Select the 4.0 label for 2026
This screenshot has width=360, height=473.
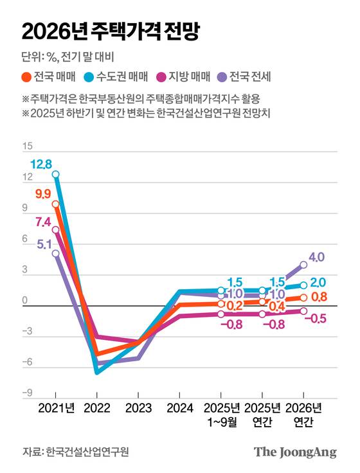[316, 257]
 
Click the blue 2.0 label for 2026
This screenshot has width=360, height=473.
[318, 282]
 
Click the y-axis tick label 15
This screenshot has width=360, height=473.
[27, 147]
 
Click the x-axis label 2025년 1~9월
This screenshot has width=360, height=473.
[221, 415]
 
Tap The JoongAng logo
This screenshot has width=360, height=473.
[295, 452]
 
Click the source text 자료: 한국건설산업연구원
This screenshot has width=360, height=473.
[76, 452]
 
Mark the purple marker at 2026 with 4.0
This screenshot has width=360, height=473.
[303, 264]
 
